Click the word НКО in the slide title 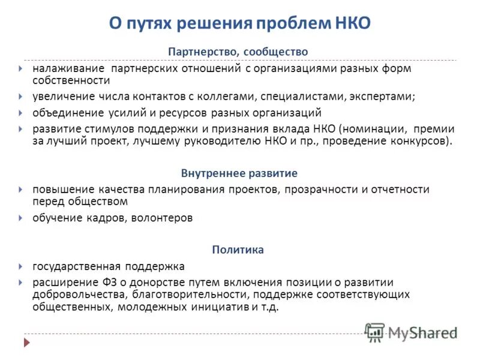[x=351, y=23]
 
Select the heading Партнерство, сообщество [x=238, y=52]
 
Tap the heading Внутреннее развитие [x=239, y=173]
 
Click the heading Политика [x=238, y=250]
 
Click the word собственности [x=71, y=80]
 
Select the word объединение [x=67, y=112]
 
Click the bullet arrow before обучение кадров [x=21, y=218]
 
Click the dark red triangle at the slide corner [x=26, y=343]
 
